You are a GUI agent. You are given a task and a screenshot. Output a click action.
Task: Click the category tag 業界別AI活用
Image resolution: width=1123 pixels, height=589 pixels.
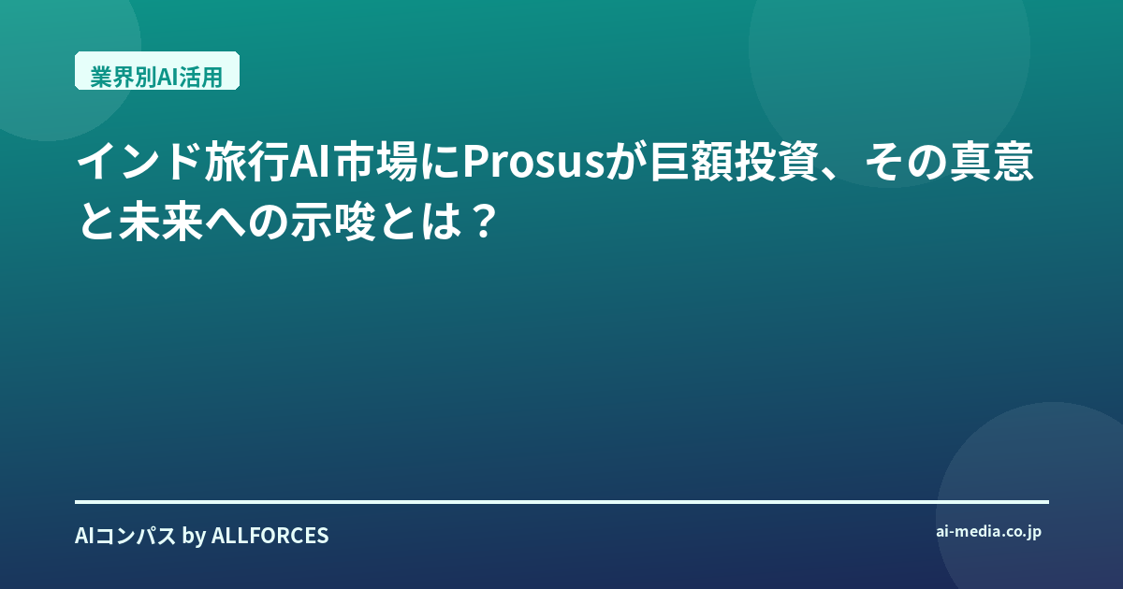[x=157, y=71]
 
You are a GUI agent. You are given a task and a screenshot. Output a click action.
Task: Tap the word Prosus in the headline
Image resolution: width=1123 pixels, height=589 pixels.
[x=533, y=162]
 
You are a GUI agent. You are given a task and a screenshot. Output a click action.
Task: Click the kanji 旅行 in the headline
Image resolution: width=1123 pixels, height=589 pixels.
[x=247, y=162]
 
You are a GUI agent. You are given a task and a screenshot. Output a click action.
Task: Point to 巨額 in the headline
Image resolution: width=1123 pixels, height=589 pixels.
[x=692, y=162]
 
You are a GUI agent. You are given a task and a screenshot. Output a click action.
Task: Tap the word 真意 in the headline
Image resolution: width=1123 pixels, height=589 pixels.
[x=991, y=162]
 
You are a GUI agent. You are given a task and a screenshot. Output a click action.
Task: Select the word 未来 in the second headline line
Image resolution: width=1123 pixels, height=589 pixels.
[x=161, y=222]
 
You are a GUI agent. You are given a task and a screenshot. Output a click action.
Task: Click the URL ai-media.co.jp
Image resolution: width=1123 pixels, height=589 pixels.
[x=988, y=532]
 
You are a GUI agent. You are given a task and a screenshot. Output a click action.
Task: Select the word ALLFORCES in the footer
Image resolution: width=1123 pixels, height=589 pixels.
[x=270, y=536]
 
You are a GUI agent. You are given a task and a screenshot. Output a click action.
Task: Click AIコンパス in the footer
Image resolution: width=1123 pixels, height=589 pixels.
[x=125, y=536]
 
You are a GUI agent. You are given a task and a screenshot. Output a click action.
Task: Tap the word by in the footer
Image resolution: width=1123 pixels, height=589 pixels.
[x=194, y=537]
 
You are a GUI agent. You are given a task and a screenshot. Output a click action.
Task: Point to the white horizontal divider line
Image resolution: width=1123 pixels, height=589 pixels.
[x=561, y=501]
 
